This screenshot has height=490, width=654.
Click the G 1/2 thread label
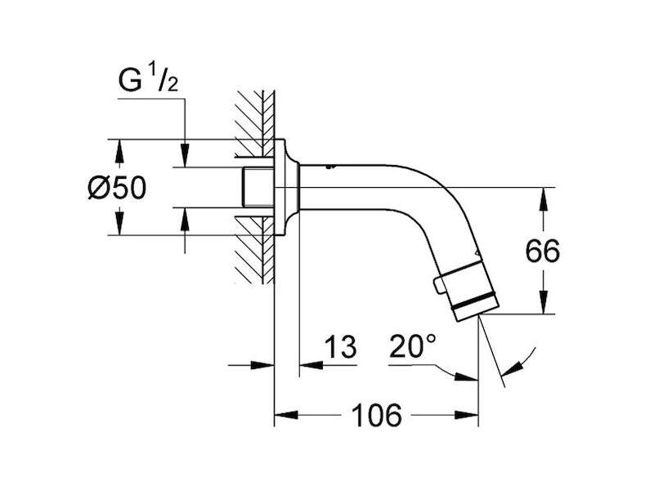(149, 81)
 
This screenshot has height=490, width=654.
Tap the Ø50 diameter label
(117, 188)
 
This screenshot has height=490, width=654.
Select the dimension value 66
(542, 252)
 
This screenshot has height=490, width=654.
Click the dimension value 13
(341, 346)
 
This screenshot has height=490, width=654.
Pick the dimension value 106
(377, 415)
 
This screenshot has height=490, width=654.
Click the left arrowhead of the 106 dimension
(286, 415)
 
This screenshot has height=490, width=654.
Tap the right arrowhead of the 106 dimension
(466, 415)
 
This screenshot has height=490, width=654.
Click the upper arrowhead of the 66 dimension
(543, 199)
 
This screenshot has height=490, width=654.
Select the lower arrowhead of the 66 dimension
(543, 301)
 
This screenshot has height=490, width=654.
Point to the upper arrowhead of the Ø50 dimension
(119, 151)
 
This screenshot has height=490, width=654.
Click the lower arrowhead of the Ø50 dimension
(119, 223)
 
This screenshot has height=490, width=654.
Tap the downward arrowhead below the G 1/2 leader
(186, 155)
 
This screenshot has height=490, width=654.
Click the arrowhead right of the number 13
(311, 365)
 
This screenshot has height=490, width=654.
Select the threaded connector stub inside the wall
(258, 187)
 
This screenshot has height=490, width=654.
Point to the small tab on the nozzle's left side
(438, 286)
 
